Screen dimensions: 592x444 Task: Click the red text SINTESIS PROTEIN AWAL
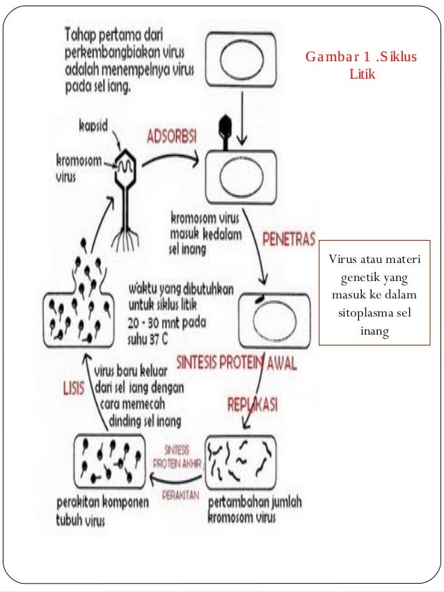click(x=237, y=362)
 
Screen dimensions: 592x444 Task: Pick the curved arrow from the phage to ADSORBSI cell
click(x=171, y=158)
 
